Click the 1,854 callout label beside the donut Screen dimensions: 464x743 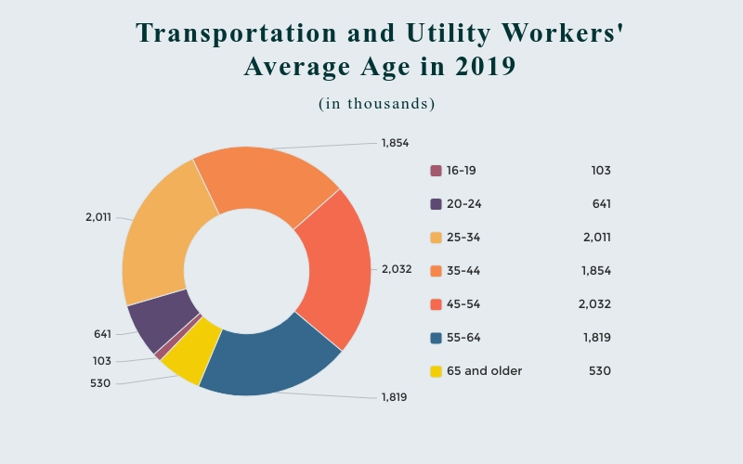395,143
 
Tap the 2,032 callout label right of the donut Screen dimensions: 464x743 397,269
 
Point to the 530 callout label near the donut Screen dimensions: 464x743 100,382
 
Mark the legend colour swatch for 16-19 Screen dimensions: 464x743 436,171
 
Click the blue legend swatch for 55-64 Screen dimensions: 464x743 436,338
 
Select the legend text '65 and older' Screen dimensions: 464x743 484,371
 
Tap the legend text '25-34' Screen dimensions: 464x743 463,238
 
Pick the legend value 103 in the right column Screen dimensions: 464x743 600,171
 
